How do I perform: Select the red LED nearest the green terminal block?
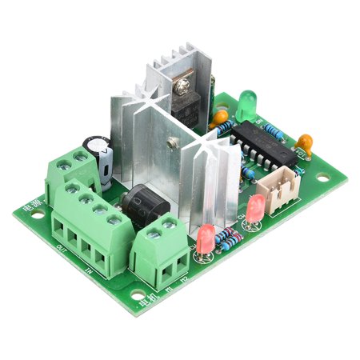coord(205,238)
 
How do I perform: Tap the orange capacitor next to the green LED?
coord(218,118)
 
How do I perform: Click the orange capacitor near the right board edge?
coord(303,144)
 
